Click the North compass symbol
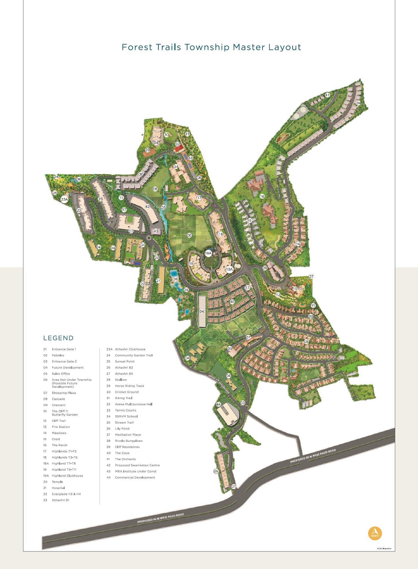coord(375,533)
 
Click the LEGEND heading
coord(58,338)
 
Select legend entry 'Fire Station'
coord(61,427)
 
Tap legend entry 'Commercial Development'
coord(135,477)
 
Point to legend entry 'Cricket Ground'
coord(126,392)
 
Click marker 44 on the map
coord(219,404)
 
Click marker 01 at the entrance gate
coord(234,486)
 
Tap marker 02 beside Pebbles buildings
coord(216,471)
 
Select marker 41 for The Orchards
coord(327,95)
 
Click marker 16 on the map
coord(262,196)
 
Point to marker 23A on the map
coord(65,199)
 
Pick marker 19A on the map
coord(208,253)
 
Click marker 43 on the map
coord(156,231)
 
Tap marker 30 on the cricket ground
coord(166,135)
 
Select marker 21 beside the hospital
coord(158,281)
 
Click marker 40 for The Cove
coord(232,302)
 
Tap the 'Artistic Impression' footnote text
coord(384,548)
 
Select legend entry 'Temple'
coord(57,482)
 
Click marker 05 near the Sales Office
coord(230,349)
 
